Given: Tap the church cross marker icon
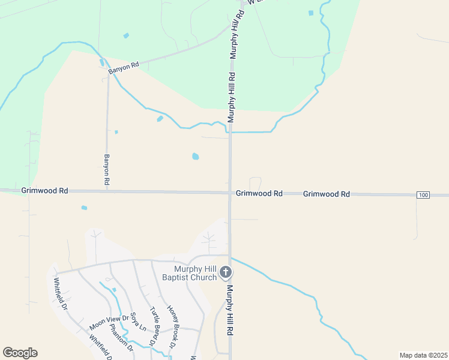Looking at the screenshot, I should [226, 273].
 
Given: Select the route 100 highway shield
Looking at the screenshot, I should [424, 195].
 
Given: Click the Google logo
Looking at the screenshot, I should [20, 353].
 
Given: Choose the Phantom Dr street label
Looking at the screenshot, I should [117, 338].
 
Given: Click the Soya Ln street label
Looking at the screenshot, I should [139, 321].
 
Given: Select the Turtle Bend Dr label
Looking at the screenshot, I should [155, 324].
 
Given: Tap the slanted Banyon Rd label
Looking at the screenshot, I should [124, 67].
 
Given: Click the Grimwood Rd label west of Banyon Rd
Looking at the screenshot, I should [44, 190].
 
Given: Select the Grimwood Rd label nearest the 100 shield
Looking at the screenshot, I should [326, 194].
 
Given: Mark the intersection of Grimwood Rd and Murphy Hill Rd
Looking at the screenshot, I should [230, 193].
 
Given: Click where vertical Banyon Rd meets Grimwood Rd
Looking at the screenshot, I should [107, 191].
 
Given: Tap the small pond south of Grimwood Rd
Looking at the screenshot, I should [84, 208].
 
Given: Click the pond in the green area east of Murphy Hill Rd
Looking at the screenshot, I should [310, 13].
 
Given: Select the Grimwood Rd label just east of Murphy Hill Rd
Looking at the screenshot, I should [259, 194].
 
